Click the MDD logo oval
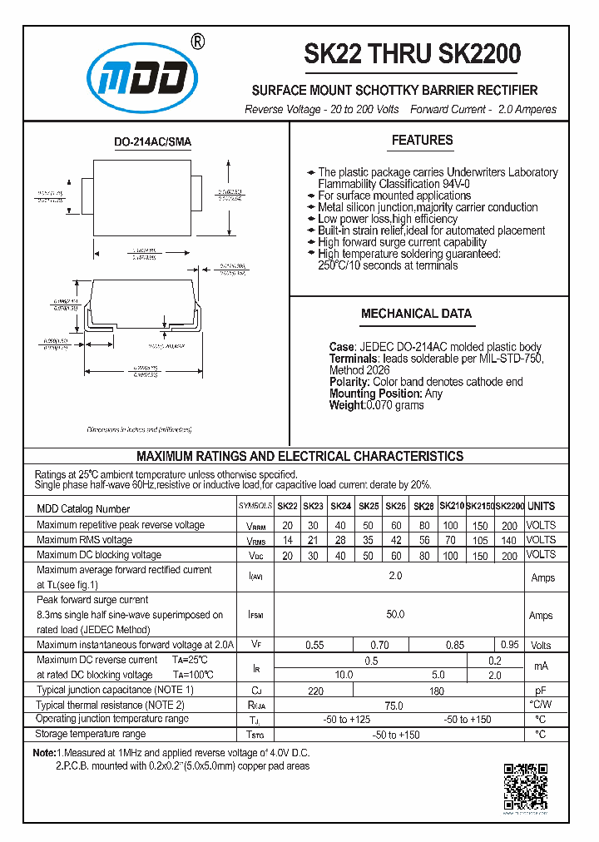[145, 80]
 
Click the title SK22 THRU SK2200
[412, 54]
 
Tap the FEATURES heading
[422, 141]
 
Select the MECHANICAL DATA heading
[416, 314]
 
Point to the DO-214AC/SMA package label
[152, 142]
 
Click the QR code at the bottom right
[526, 786]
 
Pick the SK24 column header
[340, 506]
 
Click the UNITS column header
[541, 506]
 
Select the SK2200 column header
[509, 506]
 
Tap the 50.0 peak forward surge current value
[395, 615]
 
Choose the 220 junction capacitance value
[315, 690]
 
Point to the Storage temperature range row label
[91, 734]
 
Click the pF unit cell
[541, 690]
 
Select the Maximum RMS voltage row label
[84, 540]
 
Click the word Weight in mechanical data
[347, 405]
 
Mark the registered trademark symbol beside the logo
[197, 42]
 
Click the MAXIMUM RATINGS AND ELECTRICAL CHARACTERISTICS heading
[299, 456]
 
